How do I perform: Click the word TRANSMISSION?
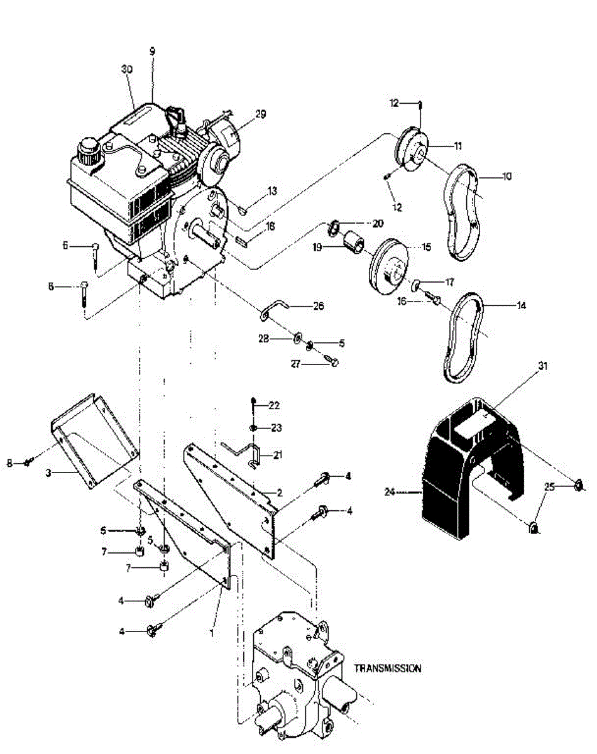click(x=388, y=669)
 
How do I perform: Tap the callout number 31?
click(x=543, y=365)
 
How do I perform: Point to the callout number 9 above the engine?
click(x=152, y=53)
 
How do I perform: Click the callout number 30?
click(x=126, y=71)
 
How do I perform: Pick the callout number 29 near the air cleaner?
click(x=260, y=114)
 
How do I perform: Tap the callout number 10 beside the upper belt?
click(x=506, y=177)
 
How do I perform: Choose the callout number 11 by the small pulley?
click(x=457, y=145)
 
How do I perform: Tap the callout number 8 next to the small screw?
click(x=9, y=463)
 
